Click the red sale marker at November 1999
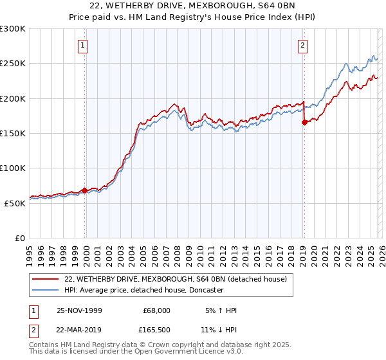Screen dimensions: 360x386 click(x=84, y=191)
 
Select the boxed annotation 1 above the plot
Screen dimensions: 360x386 click(x=84, y=45)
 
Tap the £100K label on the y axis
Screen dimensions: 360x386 click(x=13, y=168)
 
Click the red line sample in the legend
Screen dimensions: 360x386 click(x=46, y=279)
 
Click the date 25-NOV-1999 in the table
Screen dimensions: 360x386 click(x=79, y=310)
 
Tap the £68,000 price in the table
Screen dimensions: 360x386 click(x=156, y=310)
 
